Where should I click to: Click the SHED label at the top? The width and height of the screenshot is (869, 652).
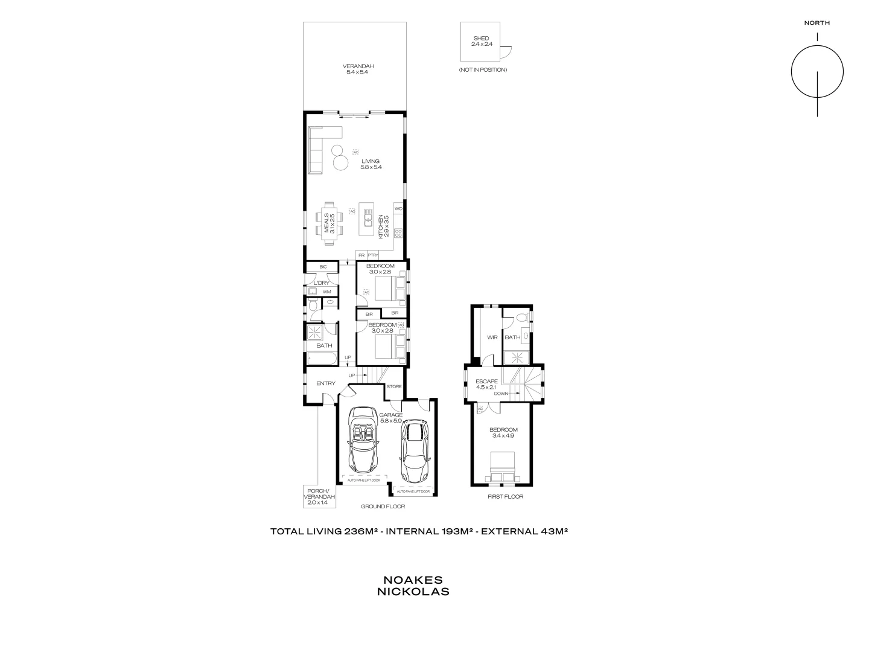[x=481, y=39]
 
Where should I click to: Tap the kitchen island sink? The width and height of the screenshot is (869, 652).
[x=367, y=214]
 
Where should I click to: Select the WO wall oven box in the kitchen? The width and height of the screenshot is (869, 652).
[x=398, y=209]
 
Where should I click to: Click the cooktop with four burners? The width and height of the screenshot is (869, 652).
[x=398, y=232]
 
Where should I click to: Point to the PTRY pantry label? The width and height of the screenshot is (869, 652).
[x=373, y=255]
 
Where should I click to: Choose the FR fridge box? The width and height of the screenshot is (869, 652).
[x=361, y=255]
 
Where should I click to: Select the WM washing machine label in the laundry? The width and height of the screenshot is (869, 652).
[x=326, y=292]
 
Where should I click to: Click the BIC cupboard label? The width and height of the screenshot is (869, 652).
[x=323, y=267]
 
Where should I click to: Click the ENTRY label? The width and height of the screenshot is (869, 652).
[x=325, y=383]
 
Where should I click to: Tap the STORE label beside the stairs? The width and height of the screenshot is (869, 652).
[x=394, y=386]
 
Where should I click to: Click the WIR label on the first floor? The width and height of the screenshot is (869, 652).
[x=492, y=337]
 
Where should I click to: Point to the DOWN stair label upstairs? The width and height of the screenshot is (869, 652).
[x=501, y=394]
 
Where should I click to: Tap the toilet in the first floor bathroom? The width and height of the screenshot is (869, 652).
[x=524, y=317]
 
